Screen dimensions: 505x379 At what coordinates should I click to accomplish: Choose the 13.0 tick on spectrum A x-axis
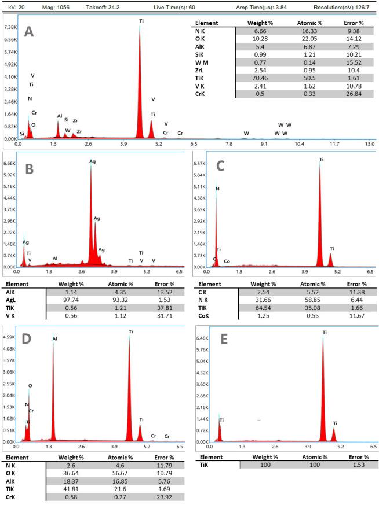[x=369, y=143]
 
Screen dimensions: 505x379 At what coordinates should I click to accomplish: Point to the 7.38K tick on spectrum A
[x=10, y=27]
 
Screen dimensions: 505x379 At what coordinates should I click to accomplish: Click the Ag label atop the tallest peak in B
[x=92, y=161]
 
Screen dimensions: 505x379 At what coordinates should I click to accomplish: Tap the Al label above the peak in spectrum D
[x=54, y=338]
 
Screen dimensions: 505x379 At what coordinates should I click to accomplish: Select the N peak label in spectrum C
[x=218, y=189]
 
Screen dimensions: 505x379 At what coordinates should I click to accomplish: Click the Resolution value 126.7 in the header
[x=366, y=6]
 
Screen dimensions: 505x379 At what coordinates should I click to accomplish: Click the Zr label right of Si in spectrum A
[x=75, y=120]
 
